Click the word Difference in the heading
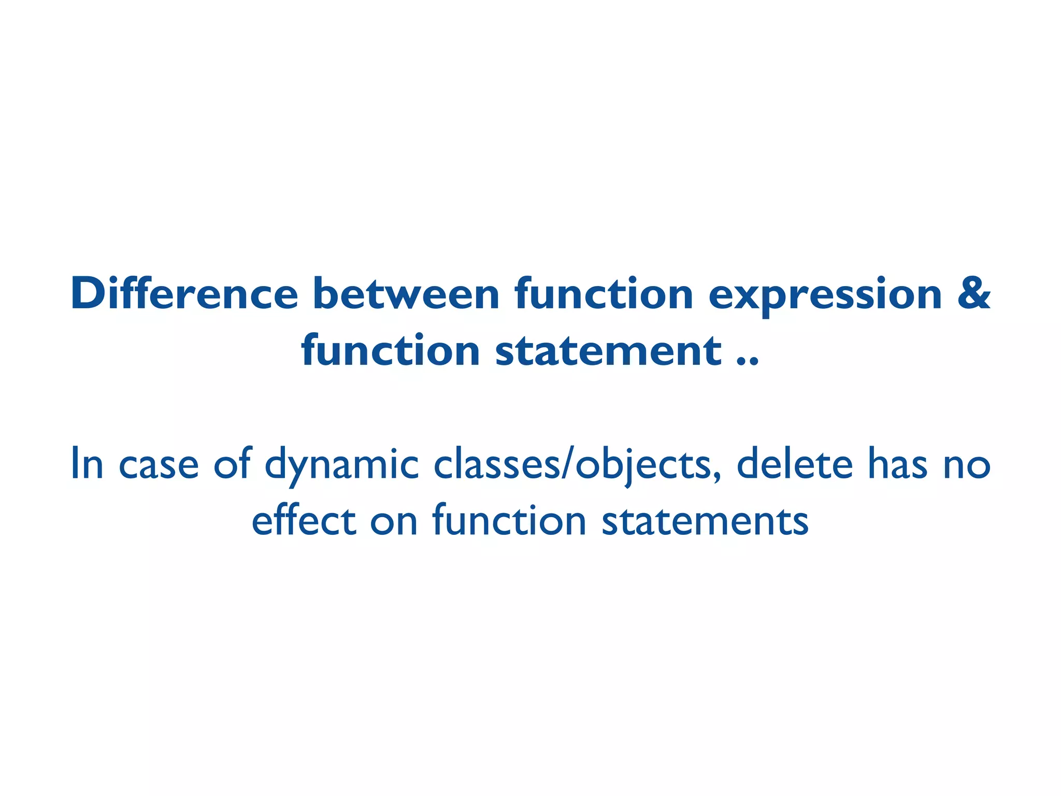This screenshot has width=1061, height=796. point(184,294)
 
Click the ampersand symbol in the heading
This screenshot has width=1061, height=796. point(973,294)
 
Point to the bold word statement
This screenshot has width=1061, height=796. point(608,351)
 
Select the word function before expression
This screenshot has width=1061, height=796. point(604,294)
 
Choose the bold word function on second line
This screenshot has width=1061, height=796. point(391,351)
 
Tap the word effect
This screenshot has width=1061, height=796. point(303,521)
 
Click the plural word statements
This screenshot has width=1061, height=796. point(705,521)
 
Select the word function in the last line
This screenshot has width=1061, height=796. point(509,521)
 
